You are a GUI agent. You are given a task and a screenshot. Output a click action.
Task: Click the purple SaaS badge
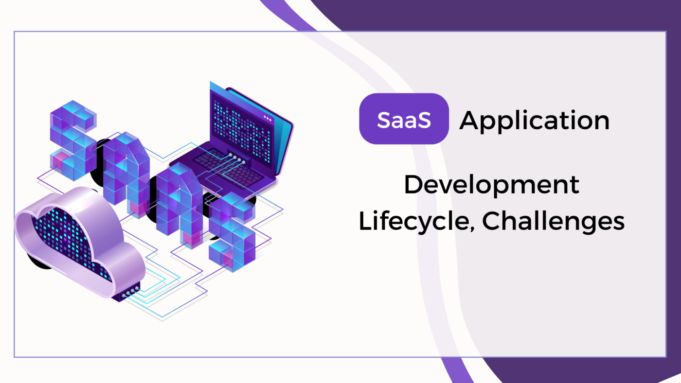tap(403, 120)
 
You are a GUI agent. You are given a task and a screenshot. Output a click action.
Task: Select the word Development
tap(492, 186)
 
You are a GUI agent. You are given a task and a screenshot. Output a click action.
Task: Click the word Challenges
tap(554, 221)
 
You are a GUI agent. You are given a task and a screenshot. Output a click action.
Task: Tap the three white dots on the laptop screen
tap(268, 118)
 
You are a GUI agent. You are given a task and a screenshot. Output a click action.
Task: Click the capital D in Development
tap(412, 186)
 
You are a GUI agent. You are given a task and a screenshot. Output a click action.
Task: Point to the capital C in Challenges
tap(492, 222)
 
